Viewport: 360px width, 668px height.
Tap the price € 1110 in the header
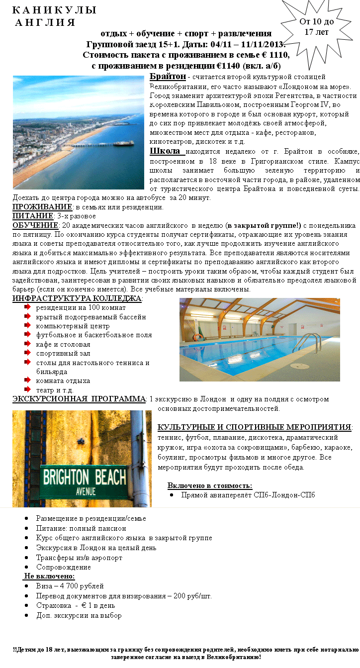(274, 54)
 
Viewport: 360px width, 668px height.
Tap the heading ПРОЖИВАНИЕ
(42, 207)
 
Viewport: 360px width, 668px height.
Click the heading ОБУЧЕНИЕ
(35, 225)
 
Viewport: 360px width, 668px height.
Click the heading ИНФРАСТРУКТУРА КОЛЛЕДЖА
(77, 298)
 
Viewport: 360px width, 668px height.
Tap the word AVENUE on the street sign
(86, 491)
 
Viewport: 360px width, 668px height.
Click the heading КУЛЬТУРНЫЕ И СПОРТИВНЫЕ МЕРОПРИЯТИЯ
(254, 427)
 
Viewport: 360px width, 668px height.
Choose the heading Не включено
(49, 576)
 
